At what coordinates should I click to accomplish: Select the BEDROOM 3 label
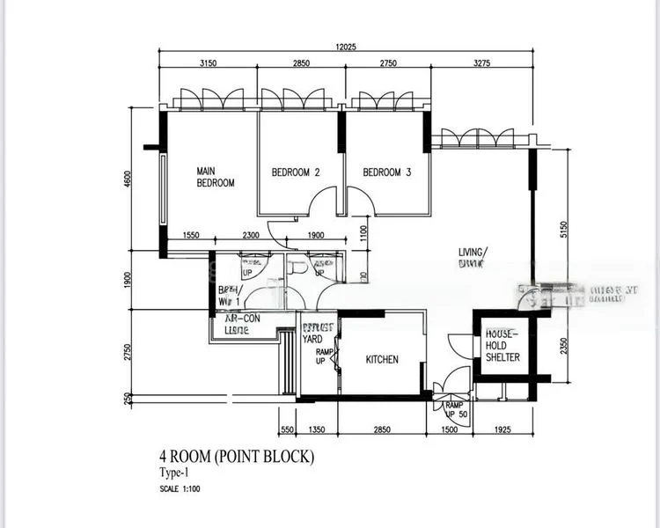click(387, 172)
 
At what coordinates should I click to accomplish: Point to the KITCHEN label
click(382, 359)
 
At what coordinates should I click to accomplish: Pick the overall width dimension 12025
click(345, 47)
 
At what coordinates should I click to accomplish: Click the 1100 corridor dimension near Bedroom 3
click(363, 233)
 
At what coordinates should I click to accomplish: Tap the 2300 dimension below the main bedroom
click(251, 235)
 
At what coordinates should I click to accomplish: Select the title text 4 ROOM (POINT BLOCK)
click(235, 457)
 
